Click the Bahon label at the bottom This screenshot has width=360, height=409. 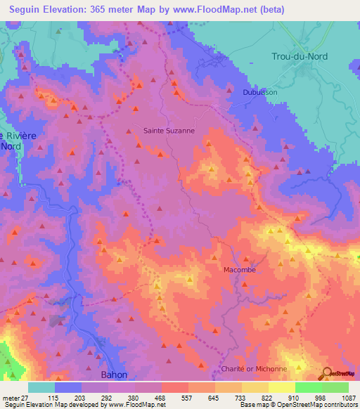point(114,375)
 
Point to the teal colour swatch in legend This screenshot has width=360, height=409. point(41,387)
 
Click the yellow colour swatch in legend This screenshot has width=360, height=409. point(281,387)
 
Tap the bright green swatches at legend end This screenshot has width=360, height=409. point(322,387)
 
